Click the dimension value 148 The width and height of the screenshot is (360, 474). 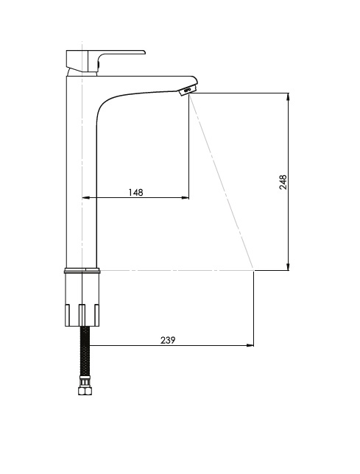pyautogui.click(x=135, y=192)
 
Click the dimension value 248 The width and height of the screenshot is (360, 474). pyautogui.click(x=283, y=182)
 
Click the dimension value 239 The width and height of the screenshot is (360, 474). pyautogui.click(x=168, y=340)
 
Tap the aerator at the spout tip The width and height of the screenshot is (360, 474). pyautogui.click(x=188, y=90)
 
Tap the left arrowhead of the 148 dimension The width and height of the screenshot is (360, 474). pyautogui.click(x=86, y=198)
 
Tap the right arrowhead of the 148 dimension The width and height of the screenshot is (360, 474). pyautogui.click(x=185, y=198)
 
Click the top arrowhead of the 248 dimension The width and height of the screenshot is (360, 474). pyautogui.click(x=289, y=97)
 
